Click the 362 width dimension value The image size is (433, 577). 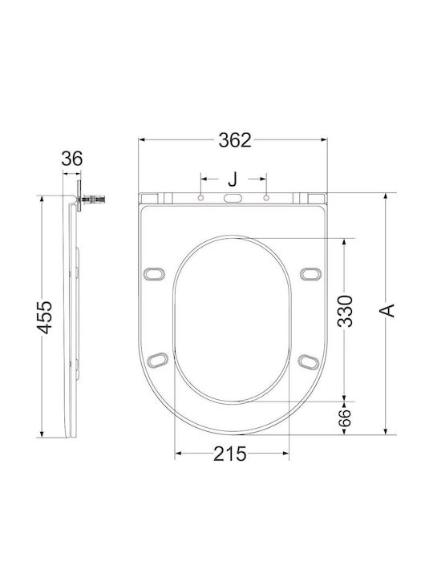click(235, 140)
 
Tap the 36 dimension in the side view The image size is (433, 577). click(72, 159)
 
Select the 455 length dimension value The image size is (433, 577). click(46, 317)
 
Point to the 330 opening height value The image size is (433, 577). click(346, 311)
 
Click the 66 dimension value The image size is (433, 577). click(345, 418)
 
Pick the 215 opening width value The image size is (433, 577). click(230, 454)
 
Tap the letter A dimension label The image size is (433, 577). click(387, 311)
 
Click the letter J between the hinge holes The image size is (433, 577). click(233, 180)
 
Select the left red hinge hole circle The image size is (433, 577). click(200, 198)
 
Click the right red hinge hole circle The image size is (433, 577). click(266, 198)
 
